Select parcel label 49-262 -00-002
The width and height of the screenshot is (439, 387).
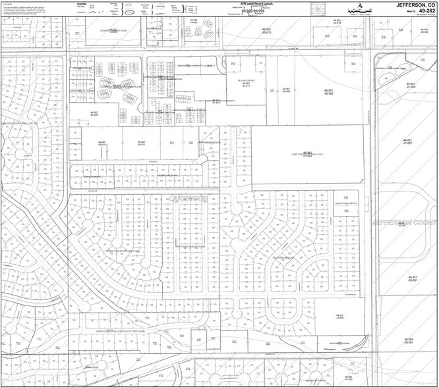[x=329, y=91]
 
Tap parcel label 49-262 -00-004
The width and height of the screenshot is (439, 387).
[x=286, y=90]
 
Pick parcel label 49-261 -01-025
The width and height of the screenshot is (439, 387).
[x=411, y=85]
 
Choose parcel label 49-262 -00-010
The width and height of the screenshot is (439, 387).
[x=102, y=143]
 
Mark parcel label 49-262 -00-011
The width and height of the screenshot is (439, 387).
[x=141, y=143]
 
